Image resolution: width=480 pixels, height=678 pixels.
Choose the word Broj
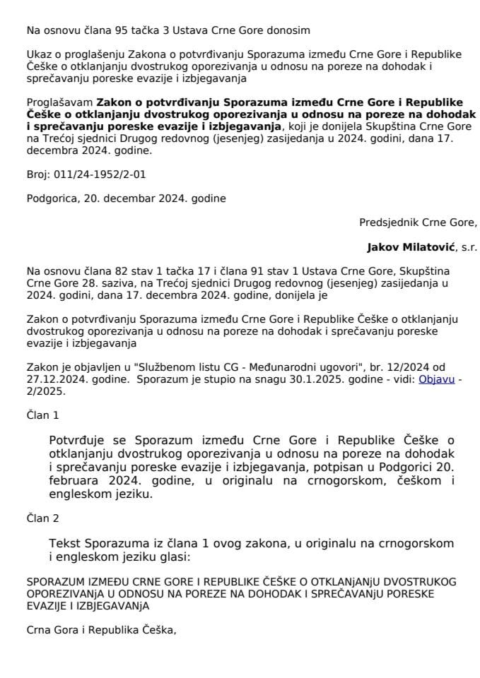(x=38, y=173)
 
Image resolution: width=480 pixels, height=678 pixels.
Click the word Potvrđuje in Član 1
(x=80, y=441)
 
